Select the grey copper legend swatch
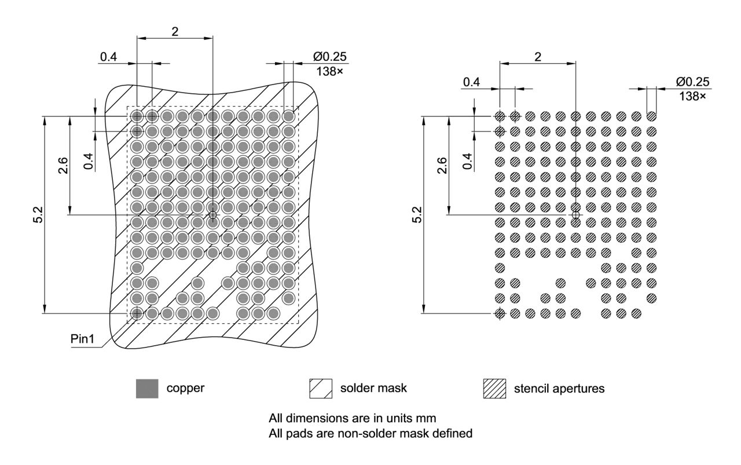pos(146,389)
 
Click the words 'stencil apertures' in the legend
pos(559,389)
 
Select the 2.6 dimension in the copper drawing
pos(63,165)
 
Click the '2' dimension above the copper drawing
pos(175,31)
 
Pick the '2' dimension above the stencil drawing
pos(538,57)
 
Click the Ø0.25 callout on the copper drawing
pos(330,57)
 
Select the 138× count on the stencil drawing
pos(692,96)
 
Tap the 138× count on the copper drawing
pos(329,71)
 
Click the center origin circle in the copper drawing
pos(212,215)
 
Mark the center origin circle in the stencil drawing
pos(575,215)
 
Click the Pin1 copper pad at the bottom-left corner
pos(137,313)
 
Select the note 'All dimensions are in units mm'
pos(352,418)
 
